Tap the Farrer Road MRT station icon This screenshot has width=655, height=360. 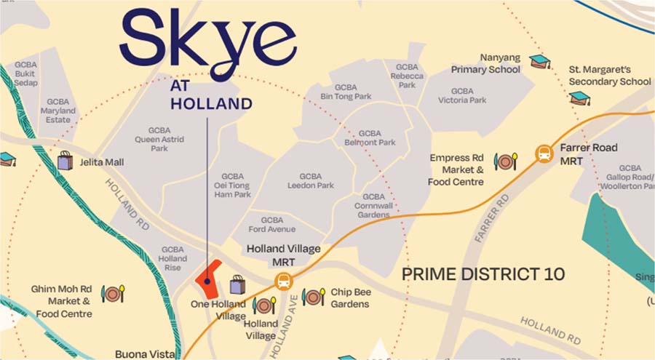[544, 153]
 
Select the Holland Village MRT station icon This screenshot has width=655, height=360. [283, 281]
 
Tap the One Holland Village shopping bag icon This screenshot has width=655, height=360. [237, 284]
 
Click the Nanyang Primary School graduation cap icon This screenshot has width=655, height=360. [539, 61]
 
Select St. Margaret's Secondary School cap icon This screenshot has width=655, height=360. [579, 97]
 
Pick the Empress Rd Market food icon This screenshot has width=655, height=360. [505, 161]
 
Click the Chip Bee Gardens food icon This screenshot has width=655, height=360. [313, 297]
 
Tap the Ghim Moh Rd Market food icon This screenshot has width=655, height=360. [113, 293]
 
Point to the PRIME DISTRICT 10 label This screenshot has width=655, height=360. [483, 274]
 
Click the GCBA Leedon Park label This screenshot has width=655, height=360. [311, 181]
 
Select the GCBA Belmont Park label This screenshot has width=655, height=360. [370, 138]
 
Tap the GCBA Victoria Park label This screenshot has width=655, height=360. [462, 95]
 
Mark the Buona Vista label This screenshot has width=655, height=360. [145, 354]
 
